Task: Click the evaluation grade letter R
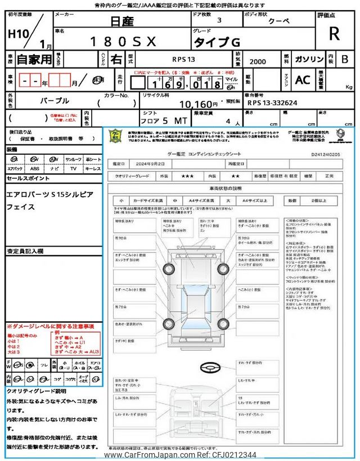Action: click(334, 34)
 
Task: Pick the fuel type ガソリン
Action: click(309, 59)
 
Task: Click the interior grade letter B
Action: click(345, 59)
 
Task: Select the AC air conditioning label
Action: click(302, 80)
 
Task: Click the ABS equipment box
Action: click(35, 168)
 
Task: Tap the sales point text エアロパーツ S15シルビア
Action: click(50, 194)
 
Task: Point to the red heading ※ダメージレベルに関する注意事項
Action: click(51, 326)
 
